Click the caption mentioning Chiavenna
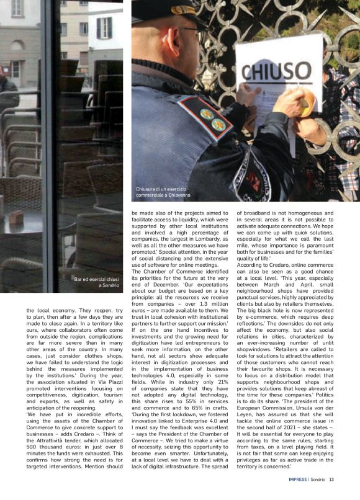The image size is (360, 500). (160, 192)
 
